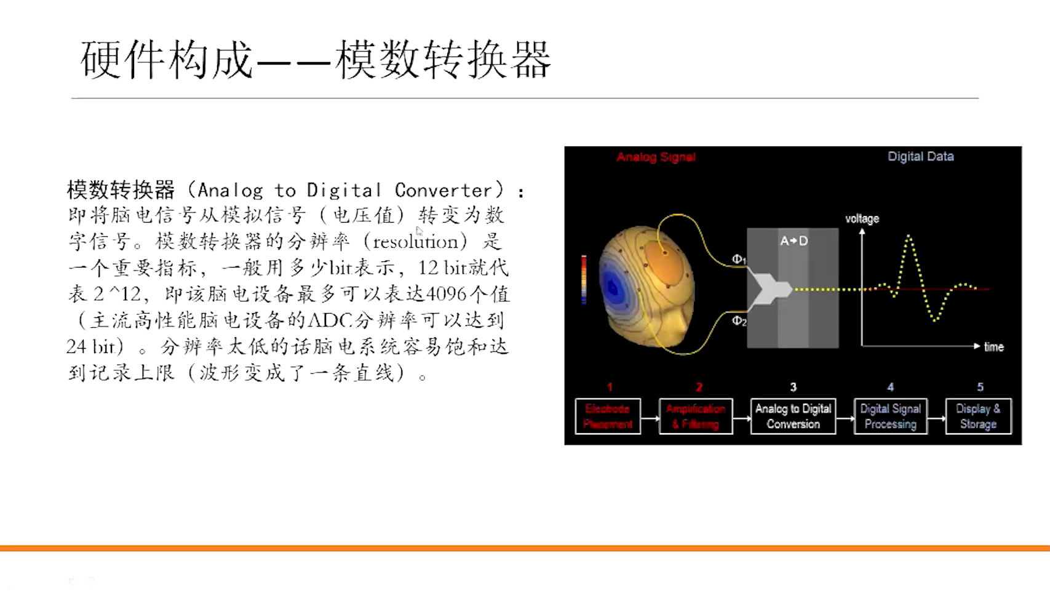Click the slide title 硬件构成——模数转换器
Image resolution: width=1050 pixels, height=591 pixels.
315,60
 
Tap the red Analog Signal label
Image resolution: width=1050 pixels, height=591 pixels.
656,157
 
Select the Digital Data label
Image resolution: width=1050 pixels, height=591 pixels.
920,156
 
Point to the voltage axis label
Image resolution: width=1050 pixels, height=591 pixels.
862,218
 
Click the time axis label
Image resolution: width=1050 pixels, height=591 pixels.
993,347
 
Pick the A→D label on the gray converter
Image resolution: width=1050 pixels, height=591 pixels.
793,240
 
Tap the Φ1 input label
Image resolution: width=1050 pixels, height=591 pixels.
739,260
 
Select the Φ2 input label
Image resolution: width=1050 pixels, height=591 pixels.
739,320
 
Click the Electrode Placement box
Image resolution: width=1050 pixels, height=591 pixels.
608,416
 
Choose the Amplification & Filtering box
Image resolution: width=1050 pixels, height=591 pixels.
695,416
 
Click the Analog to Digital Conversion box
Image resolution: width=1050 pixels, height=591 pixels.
793,416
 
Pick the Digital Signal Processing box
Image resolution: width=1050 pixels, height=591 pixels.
890,416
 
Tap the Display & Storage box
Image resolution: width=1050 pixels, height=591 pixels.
978,416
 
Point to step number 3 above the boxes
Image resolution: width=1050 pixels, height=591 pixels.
793,387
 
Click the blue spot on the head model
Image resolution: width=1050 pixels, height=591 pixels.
613,287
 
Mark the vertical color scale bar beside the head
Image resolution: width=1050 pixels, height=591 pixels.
584,280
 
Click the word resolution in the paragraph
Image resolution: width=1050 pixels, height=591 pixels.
416,241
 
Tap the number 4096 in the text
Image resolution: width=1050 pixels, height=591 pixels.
446,294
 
